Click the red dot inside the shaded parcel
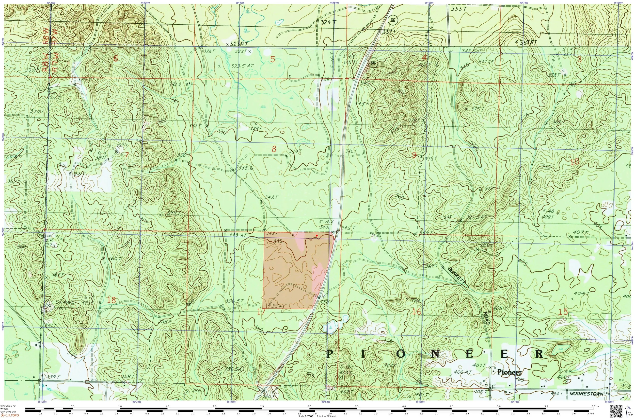pyautogui.click(x=316, y=236)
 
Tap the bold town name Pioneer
pyautogui.click(x=509, y=372)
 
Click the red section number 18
pyautogui.click(x=112, y=300)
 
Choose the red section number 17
pyautogui.click(x=261, y=311)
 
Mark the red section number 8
pyautogui.click(x=274, y=149)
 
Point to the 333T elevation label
pyautogui.click(x=458, y=9)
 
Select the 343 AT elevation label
pyautogui.click(x=238, y=235)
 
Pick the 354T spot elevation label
pyautogui.click(x=277, y=306)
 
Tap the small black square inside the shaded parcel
pyautogui.click(x=293, y=235)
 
